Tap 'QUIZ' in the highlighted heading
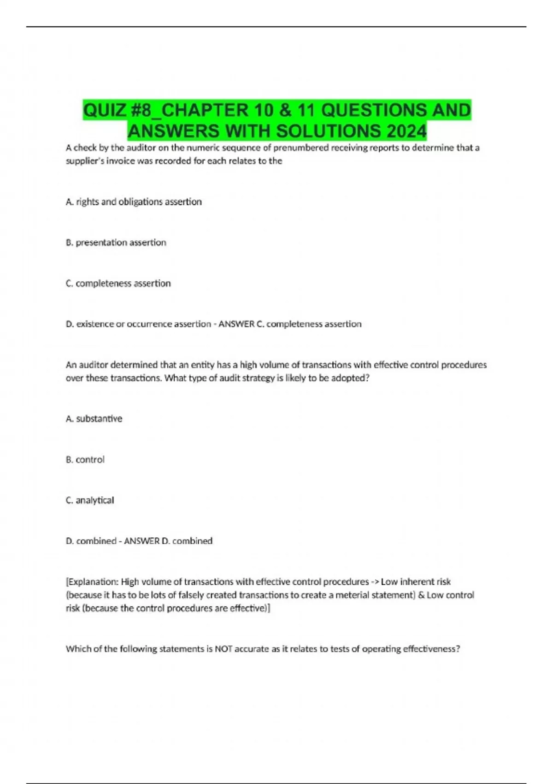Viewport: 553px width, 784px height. tap(105, 110)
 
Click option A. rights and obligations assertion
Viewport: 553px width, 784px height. tap(134, 202)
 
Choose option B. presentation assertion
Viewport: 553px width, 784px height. tap(116, 243)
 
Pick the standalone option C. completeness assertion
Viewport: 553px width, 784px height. tap(118, 283)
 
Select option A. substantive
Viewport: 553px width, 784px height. tap(94, 419)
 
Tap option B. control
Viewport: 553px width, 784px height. tap(85, 459)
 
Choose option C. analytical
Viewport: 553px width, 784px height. tap(90, 500)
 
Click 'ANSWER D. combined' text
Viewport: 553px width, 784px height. tap(168, 541)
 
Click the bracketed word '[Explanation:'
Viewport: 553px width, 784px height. tap(92, 582)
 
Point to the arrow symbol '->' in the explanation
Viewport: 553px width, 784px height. tap(375, 582)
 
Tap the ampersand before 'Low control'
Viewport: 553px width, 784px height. tap(421, 595)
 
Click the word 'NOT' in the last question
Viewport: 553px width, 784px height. tap(224, 649)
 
